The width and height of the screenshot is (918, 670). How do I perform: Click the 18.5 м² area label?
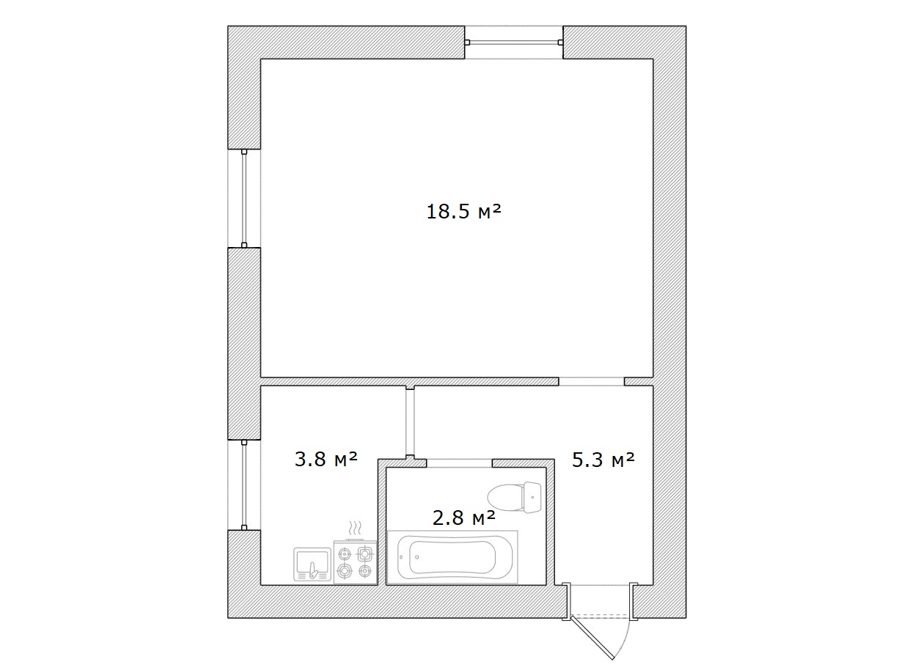463,211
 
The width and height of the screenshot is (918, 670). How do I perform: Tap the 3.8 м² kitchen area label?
326,459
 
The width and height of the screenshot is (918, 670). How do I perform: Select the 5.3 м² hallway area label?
603,460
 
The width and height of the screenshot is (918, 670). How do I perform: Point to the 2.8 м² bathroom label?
464,518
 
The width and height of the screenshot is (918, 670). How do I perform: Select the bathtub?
452,557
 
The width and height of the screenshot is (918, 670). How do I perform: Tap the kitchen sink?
312,564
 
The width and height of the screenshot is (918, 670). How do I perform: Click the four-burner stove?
355,562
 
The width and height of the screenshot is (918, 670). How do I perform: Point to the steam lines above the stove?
355,529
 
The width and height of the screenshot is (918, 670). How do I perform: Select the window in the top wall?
514,43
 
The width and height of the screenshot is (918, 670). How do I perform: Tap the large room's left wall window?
244,199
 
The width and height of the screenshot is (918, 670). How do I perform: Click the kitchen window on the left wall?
244,485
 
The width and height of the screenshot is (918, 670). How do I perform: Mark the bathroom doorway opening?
460,463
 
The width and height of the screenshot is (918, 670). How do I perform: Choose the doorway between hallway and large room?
592,381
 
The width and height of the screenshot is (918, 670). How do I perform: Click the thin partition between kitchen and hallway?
410,422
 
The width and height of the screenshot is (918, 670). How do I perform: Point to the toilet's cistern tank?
532,498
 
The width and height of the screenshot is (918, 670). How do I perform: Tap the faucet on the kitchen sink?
314,571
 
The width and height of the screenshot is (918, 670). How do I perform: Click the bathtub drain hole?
416,557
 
